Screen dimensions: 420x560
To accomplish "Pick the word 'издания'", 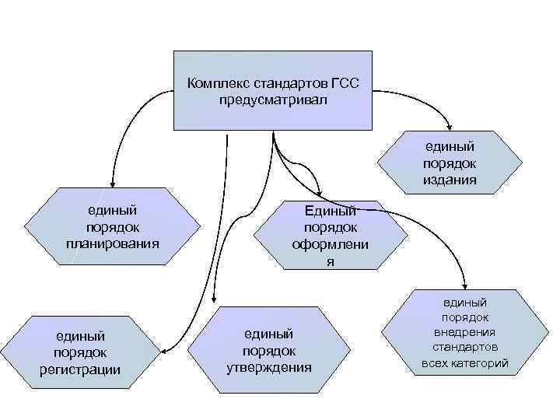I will point(450,180).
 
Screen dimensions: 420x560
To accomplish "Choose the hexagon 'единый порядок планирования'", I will point(113,226).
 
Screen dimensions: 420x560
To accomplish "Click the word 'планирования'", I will point(113,243).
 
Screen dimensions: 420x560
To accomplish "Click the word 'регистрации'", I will point(79,369).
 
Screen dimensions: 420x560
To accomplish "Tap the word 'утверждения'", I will point(268,366).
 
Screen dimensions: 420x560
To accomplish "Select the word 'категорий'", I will point(485,362).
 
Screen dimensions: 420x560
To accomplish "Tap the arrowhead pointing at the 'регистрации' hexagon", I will point(165,348).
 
